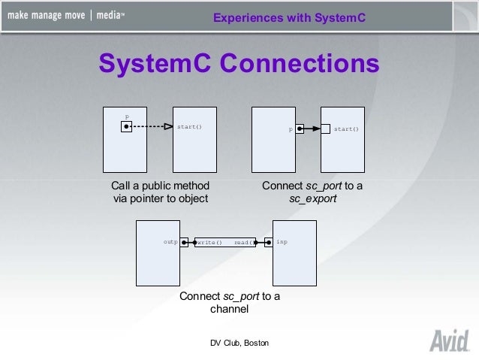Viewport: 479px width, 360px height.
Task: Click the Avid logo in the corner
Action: pos(448,340)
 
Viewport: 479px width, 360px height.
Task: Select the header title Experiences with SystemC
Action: pos(289,17)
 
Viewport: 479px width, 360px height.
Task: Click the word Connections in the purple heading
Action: pos(300,64)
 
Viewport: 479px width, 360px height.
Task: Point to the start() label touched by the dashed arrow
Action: pos(189,126)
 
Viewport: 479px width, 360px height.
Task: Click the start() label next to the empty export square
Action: pos(346,129)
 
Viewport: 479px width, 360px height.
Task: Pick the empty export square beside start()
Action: pos(326,129)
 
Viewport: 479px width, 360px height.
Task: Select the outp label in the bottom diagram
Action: pos(170,242)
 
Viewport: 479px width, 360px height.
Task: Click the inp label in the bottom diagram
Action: pos(282,242)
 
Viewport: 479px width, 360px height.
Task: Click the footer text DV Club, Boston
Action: pos(239,343)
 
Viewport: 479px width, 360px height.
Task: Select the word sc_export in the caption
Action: pos(312,199)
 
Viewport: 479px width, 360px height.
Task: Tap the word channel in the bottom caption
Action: pos(229,309)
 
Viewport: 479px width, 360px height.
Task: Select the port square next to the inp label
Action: pos(268,242)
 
